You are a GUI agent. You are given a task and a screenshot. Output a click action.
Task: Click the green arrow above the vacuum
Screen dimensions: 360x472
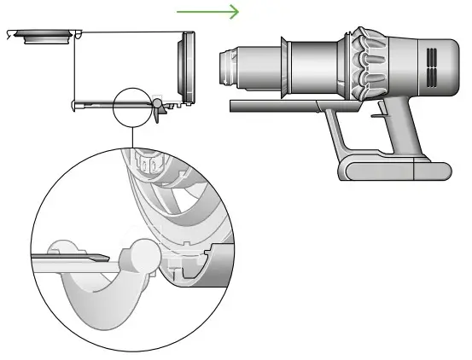pos(207,12)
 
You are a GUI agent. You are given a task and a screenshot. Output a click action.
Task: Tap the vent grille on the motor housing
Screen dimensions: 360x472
pos(431,65)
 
